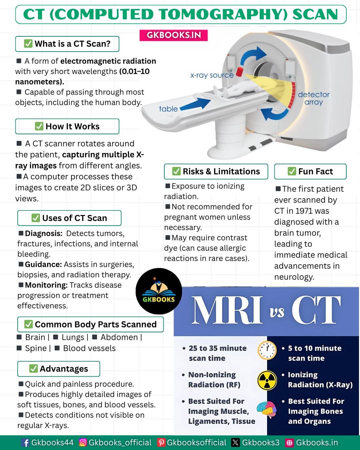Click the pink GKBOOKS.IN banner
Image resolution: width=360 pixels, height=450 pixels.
tap(173, 35)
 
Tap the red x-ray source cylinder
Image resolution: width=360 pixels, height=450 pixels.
tap(239, 72)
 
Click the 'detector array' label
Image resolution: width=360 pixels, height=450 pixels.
tap(314, 98)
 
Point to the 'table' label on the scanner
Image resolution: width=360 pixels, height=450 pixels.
tap(168, 109)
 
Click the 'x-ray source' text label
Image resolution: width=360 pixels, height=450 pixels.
tap(212, 75)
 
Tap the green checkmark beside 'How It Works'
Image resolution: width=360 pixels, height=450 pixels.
tap(39, 126)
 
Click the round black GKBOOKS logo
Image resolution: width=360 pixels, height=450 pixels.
tap(159, 291)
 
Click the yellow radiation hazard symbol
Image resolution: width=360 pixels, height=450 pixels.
tap(267, 380)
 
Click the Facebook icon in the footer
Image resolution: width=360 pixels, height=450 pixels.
tap(26, 443)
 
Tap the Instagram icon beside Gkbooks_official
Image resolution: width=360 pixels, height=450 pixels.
tap(83, 442)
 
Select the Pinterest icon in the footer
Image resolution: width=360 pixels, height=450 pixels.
tap(161, 442)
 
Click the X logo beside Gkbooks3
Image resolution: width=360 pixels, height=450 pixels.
tap(235, 442)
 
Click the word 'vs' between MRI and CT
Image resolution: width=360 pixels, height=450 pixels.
tap(277, 312)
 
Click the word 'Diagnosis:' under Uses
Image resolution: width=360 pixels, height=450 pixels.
tap(44, 233)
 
